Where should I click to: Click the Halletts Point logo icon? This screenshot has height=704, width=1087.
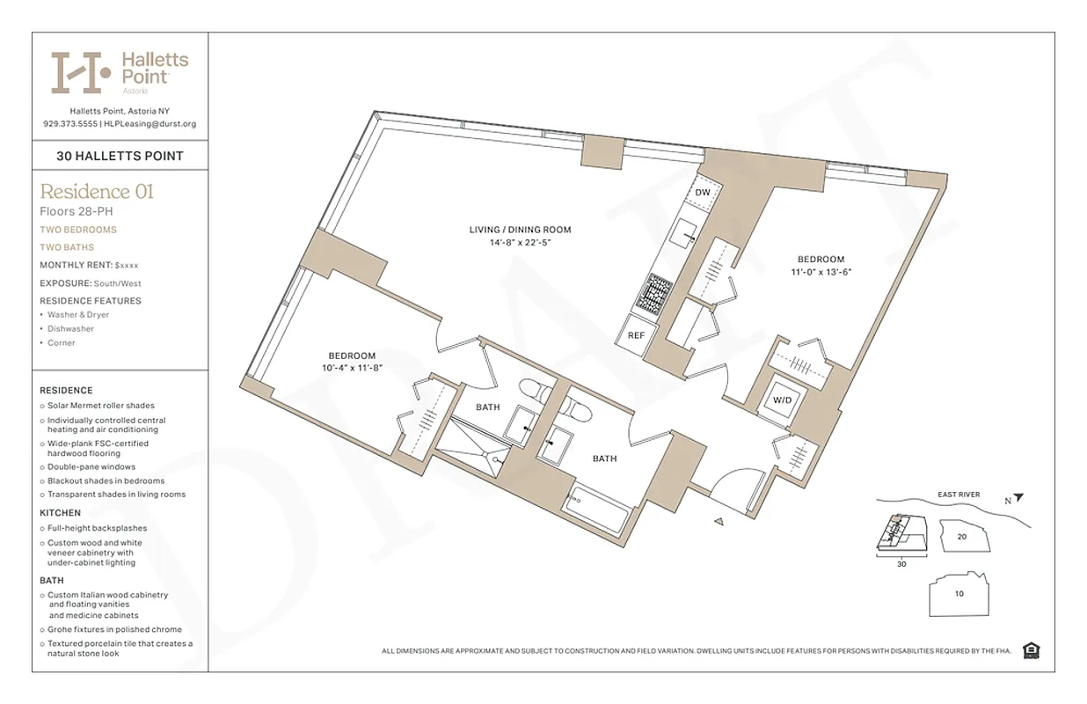pyautogui.click(x=81, y=72)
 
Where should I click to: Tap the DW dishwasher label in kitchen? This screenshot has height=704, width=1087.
pyautogui.click(x=703, y=192)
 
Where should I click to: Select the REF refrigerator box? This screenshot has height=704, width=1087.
pyautogui.click(x=635, y=335)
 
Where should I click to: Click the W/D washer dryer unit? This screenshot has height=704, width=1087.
pyautogui.click(x=781, y=400)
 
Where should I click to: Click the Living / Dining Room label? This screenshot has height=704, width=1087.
pyautogui.click(x=520, y=230)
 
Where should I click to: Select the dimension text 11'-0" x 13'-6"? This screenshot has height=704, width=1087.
pyautogui.click(x=821, y=273)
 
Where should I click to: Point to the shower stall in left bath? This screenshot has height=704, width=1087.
pyautogui.click(x=474, y=449)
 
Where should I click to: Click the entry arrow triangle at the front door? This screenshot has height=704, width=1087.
pyautogui.click(x=719, y=522)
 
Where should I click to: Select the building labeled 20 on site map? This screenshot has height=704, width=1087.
pyautogui.click(x=961, y=536)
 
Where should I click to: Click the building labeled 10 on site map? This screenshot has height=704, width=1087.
pyautogui.click(x=959, y=594)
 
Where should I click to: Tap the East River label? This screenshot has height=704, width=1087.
pyautogui.click(x=958, y=495)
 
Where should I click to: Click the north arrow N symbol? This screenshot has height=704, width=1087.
pyautogui.click(x=1013, y=498)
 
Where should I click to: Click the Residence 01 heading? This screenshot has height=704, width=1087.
pyautogui.click(x=97, y=191)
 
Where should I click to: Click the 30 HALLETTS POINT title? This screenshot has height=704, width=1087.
pyautogui.click(x=120, y=156)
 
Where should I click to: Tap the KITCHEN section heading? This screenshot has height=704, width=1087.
pyautogui.click(x=60, y=512)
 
